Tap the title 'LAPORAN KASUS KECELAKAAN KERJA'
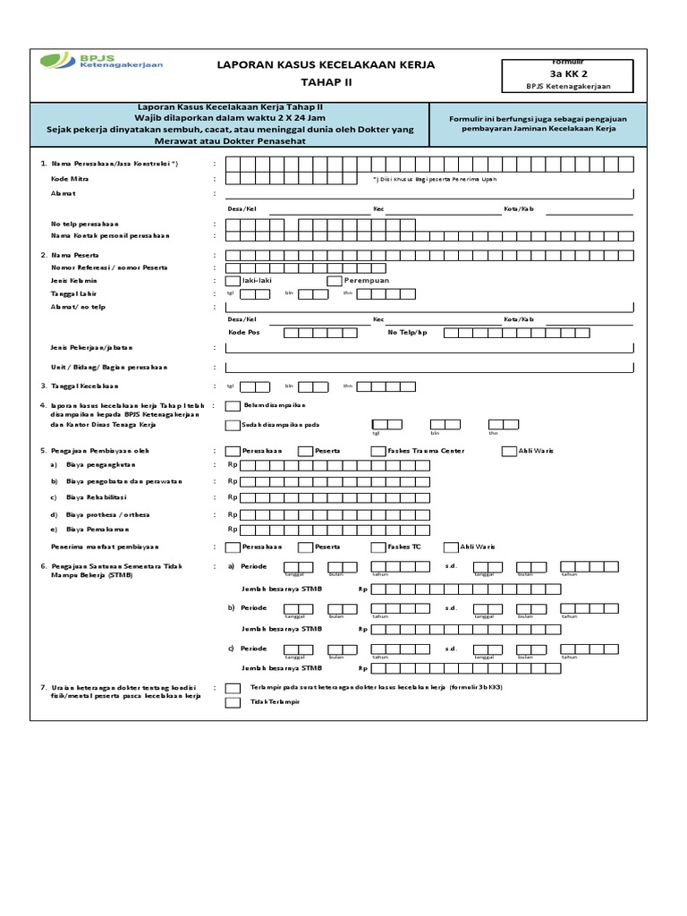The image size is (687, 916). pos(327,64)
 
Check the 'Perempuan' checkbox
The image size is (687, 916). pos(335,280)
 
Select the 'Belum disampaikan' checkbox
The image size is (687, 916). pos(233,406)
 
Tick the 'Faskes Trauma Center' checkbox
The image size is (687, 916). pos(378,451)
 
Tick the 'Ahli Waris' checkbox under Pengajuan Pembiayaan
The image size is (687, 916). pos(509,451)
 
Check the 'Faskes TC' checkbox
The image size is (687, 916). pos(378,547)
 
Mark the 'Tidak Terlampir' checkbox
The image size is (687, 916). pos(233,703)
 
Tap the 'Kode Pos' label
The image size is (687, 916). pos(243,332)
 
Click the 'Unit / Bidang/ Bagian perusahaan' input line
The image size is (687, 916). pos(429,367)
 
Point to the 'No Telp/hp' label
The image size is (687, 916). pos(407,332)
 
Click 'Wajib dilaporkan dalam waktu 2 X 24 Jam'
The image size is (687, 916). pos(232,117)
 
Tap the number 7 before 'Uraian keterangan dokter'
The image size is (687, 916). pos(43,687)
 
